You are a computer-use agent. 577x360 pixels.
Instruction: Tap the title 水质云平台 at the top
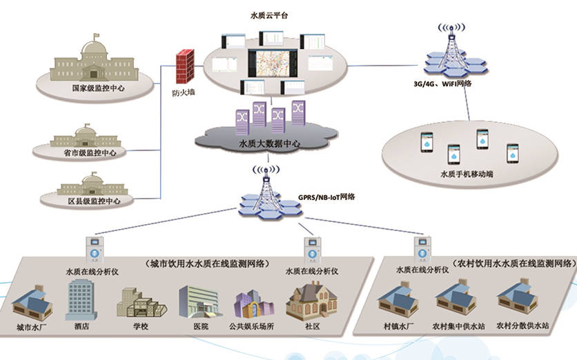[268, 14]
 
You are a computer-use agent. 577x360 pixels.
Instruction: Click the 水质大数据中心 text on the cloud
[268, 144]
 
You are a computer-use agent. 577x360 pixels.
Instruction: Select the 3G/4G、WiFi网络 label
[442, 83]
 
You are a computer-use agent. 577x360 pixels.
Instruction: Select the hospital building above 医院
[196, 302]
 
